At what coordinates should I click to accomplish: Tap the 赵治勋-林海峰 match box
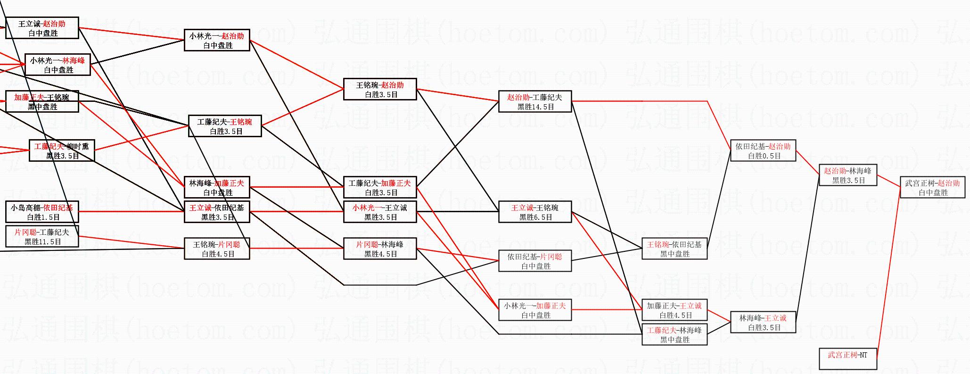[847, 175]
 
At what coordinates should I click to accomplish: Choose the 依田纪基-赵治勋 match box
[763, 151]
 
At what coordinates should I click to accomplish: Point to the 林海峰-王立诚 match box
[763, 323]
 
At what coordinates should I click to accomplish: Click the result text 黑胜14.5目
[535, 107]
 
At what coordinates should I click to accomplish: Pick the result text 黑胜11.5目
[42, 242]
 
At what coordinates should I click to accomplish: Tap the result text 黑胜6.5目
[535, 217]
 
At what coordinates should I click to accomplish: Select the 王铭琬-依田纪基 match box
[674, 249]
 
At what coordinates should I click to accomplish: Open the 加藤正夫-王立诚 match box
[674, 310]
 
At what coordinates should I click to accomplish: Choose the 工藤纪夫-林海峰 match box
[674, 335]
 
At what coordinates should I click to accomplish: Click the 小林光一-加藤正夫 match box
[535, 310]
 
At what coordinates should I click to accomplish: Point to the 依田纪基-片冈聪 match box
[535, 261]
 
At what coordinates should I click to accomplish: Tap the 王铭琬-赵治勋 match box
[380, 90]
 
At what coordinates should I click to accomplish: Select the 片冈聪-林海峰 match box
[380, 249]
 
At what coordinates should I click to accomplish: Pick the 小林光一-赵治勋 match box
[217, 41]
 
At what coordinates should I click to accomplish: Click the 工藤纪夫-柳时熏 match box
[62, 151]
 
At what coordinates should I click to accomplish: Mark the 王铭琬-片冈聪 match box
[217, 249]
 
